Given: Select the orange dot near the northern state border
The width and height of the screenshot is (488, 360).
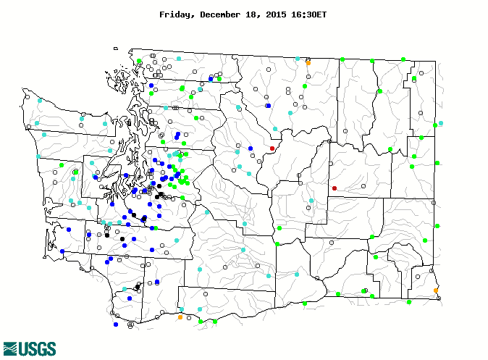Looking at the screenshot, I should (x=308, y=63).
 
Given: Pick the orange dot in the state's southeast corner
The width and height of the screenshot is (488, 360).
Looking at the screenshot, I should (x=436, y=290).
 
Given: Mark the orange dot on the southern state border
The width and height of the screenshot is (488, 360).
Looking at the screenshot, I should (x=180, y=317).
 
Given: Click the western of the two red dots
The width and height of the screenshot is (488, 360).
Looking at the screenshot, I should (x=272, y=148).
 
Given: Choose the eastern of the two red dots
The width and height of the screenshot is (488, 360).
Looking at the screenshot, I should (x=334, y=188).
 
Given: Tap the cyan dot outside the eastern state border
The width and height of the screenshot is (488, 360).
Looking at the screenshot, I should (x=441, y=123).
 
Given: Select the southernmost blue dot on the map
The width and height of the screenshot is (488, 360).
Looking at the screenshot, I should (x=116, y=325).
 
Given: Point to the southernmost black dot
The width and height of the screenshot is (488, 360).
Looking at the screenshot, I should (x=138, y=287).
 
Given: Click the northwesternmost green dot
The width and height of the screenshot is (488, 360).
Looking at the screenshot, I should (x=139, y=61).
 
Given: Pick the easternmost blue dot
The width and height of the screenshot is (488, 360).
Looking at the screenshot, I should (x=268, y=106).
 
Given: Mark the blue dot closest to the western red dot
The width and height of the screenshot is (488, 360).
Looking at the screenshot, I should (x=250, y=148).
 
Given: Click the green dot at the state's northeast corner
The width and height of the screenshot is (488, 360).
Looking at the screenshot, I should (x=403, y=59).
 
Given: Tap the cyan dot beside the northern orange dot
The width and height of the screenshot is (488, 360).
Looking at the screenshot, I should (x=297, y=58).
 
